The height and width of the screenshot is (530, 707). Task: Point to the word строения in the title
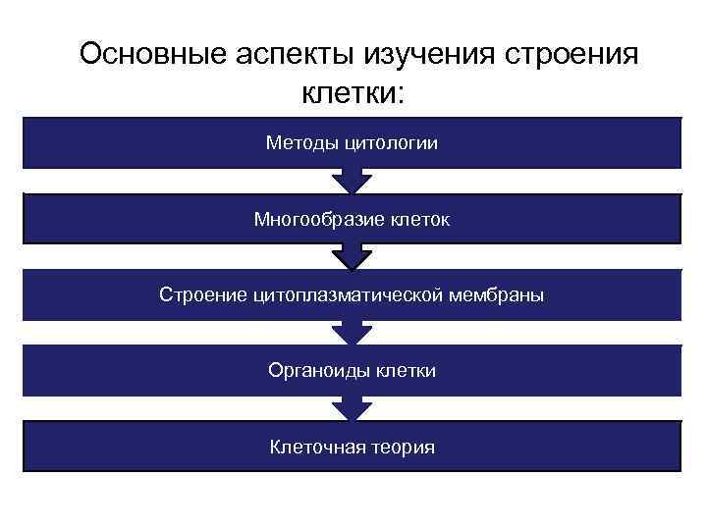click(571, 54)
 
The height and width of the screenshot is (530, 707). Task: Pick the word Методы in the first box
click(302, 143)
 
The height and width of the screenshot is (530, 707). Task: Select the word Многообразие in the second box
click(311, 219)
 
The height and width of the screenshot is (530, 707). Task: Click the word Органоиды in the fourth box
click(313, 371)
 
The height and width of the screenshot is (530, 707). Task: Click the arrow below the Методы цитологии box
click(352, 181)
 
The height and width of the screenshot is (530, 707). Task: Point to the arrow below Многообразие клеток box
click(352, 257)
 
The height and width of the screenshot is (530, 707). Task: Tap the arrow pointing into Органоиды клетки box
click(352, 334)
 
